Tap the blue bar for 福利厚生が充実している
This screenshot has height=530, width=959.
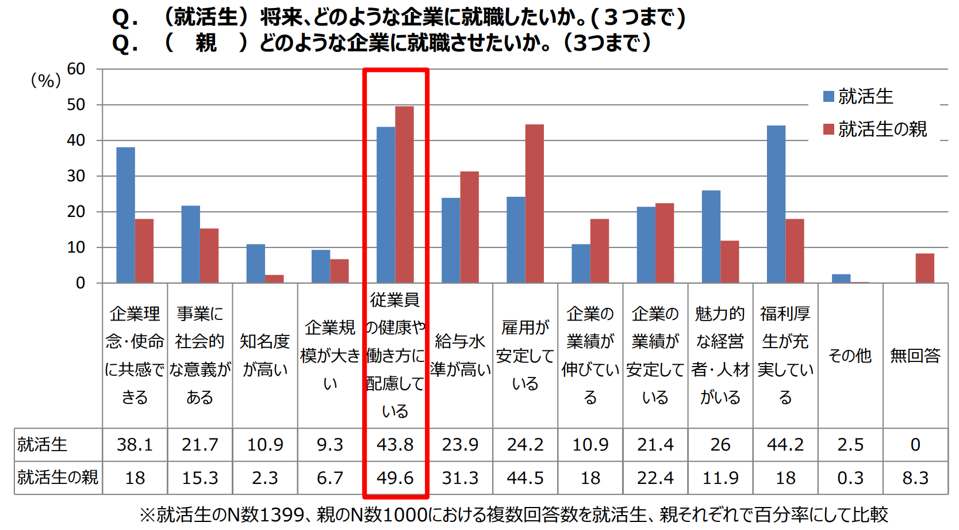point(776,204)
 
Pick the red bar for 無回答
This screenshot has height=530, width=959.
point(925,268)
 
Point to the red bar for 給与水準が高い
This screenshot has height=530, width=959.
point(469,227)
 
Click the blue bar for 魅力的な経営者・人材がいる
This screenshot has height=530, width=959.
point(711,237)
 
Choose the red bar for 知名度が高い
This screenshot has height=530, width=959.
point(274,279)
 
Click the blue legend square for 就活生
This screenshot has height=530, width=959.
point(828,97)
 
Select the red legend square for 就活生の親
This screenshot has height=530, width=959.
point(828,129)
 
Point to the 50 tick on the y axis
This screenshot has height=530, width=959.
point(76,105)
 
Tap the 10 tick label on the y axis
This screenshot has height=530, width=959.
point(76,247)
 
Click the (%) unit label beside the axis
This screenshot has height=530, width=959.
point(45,81)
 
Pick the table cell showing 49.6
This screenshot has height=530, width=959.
point(395,478)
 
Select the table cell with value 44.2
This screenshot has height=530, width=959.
point(785,444)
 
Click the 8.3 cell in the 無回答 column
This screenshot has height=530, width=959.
point(915,478)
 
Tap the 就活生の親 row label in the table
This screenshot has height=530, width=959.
point(57,478)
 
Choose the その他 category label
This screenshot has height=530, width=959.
point(850,356)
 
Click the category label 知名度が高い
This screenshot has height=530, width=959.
point(265,355)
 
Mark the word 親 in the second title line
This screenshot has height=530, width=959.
point(206,43)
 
